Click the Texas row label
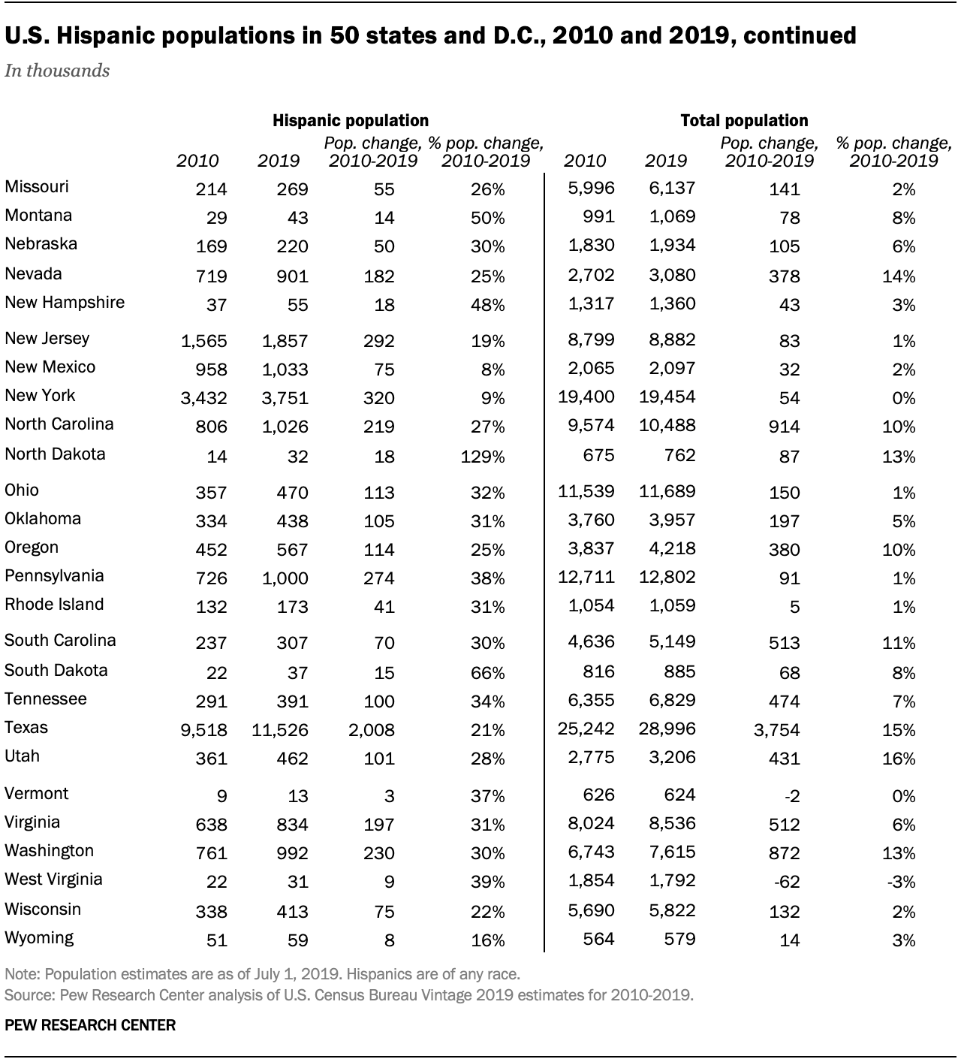click(x=26, y=727)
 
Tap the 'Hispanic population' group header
click(x=350, y=120)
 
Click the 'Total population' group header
click(x=744, y=120)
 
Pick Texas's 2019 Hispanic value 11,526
click(x=280, y=730)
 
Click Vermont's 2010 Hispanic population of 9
click(x=221, y=796)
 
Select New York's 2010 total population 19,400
click(x=586, y=397)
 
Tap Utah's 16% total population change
click(x=899, y=759)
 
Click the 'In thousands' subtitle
click(x=57, y=71)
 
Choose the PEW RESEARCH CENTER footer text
click(x=90, y=1025)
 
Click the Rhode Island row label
click(x=54, y=605)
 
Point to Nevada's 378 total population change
click(x=785, y=276)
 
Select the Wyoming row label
click(x=39, y=937)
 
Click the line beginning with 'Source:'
click(x=349, y=996)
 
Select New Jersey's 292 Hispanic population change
click(x=378, y=341)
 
